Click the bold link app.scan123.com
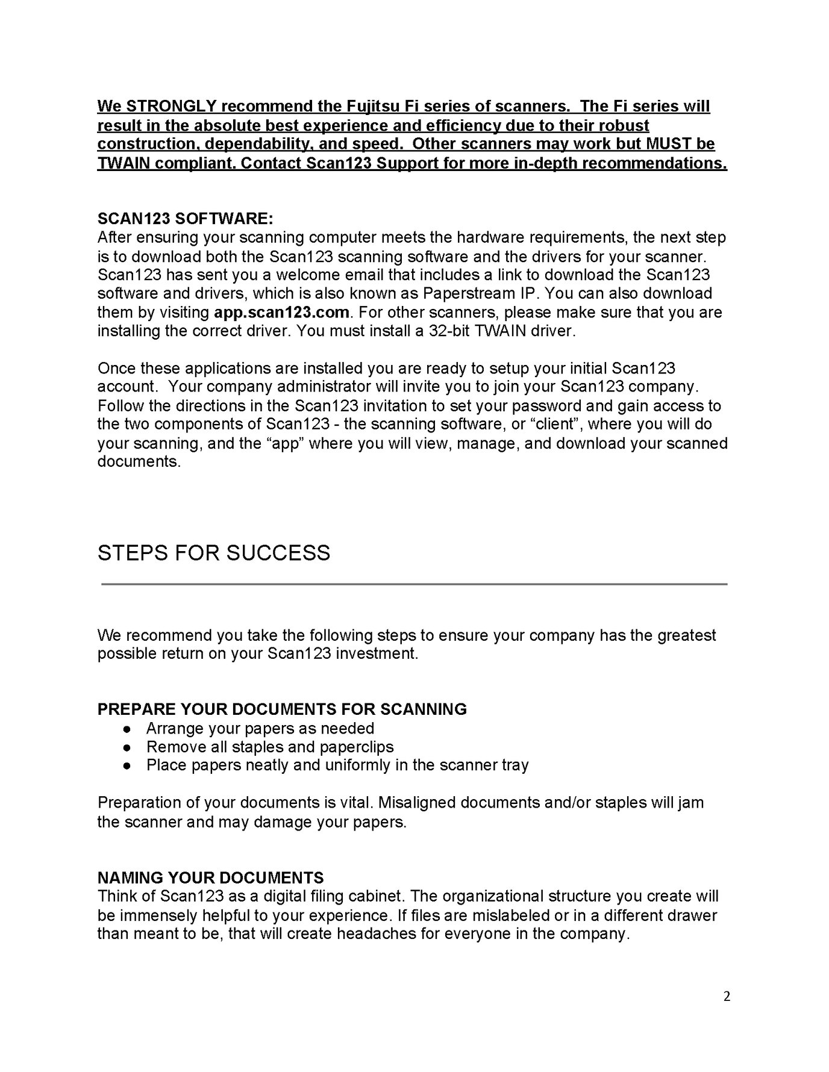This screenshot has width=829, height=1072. click(281, 313)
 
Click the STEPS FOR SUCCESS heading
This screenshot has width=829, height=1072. click(214, 553)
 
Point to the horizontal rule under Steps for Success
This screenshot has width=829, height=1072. click(414, 584)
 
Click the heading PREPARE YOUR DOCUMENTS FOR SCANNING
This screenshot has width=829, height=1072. click(282, 709)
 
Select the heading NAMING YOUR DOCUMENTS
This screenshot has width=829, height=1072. click(210, 877)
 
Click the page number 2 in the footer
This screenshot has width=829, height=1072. click(727, 997)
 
